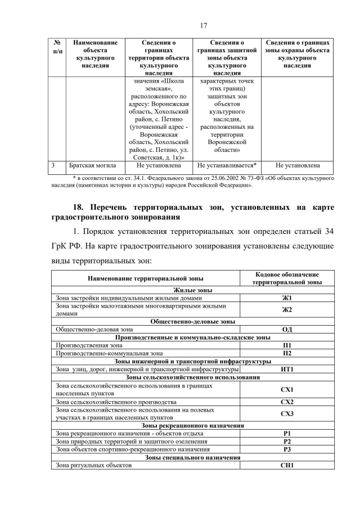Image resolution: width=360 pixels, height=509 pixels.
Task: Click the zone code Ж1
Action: [287, 298]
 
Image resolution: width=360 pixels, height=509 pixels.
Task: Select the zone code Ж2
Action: [287, 310]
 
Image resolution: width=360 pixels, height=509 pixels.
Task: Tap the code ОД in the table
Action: [287, 330]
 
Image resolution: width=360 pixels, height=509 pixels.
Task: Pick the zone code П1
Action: [287, 345]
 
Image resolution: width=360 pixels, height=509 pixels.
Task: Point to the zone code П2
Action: [287, 353]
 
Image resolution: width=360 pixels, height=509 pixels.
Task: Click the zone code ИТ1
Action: [287, 369]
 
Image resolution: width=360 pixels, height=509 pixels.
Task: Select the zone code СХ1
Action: [287, 389]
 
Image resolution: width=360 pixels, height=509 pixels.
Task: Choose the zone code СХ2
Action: [287, 402]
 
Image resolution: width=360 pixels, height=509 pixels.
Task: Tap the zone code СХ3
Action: [287, 414]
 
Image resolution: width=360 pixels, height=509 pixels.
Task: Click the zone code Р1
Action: [287, 434]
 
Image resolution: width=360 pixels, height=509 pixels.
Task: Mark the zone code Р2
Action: [287, 442]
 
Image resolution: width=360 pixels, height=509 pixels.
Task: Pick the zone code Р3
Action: [287, 449]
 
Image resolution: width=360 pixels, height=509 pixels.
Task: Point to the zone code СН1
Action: [287, 466]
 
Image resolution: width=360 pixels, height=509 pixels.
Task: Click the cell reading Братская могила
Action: [92, 166]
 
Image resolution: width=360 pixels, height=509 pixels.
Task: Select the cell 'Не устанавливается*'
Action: [227, 166]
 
